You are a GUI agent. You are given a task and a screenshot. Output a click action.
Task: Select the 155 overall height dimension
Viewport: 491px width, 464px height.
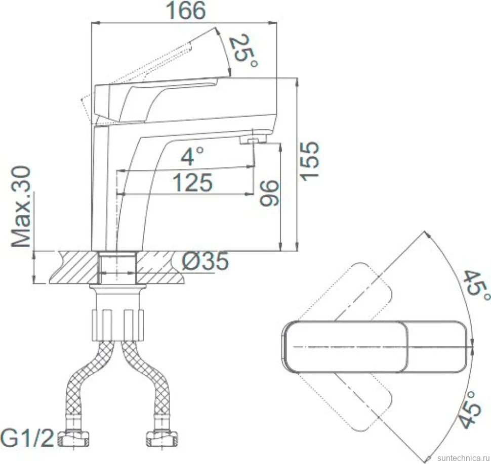pyautogui.click(x=309, y=161)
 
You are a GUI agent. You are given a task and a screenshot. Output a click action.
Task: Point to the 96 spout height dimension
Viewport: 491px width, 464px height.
pyautogui.click(x=269, y=193)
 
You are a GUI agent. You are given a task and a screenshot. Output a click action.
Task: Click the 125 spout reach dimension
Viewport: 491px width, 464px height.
pyautogui.click(x=192, y=182)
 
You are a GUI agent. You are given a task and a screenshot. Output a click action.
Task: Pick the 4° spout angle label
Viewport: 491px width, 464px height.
pyautogui.click(x=192, y=156)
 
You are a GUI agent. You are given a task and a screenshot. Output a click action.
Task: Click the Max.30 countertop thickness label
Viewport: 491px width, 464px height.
pyautogui.click(x=21, y=207)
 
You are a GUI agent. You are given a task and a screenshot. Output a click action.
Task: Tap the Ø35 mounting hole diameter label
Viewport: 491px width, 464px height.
pyautogui.click(x=205, y=261)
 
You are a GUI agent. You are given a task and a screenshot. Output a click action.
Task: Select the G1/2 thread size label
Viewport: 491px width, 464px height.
pyautogui.click(x=28, y=438)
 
